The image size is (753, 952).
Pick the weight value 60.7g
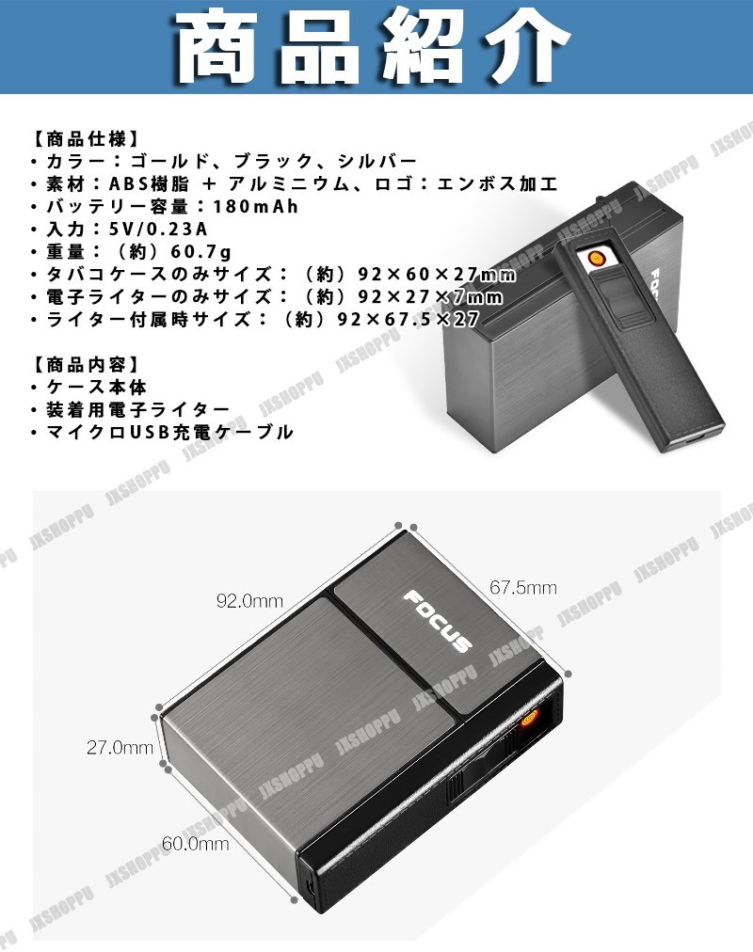click(x=202, y=251)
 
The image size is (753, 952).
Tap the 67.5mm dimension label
click(x=522, y=588)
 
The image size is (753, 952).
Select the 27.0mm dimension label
click(x=120, y=748)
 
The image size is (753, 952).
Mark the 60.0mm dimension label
click(x=195, y=844)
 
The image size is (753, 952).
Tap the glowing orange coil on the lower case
click(x=529, y=722)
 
